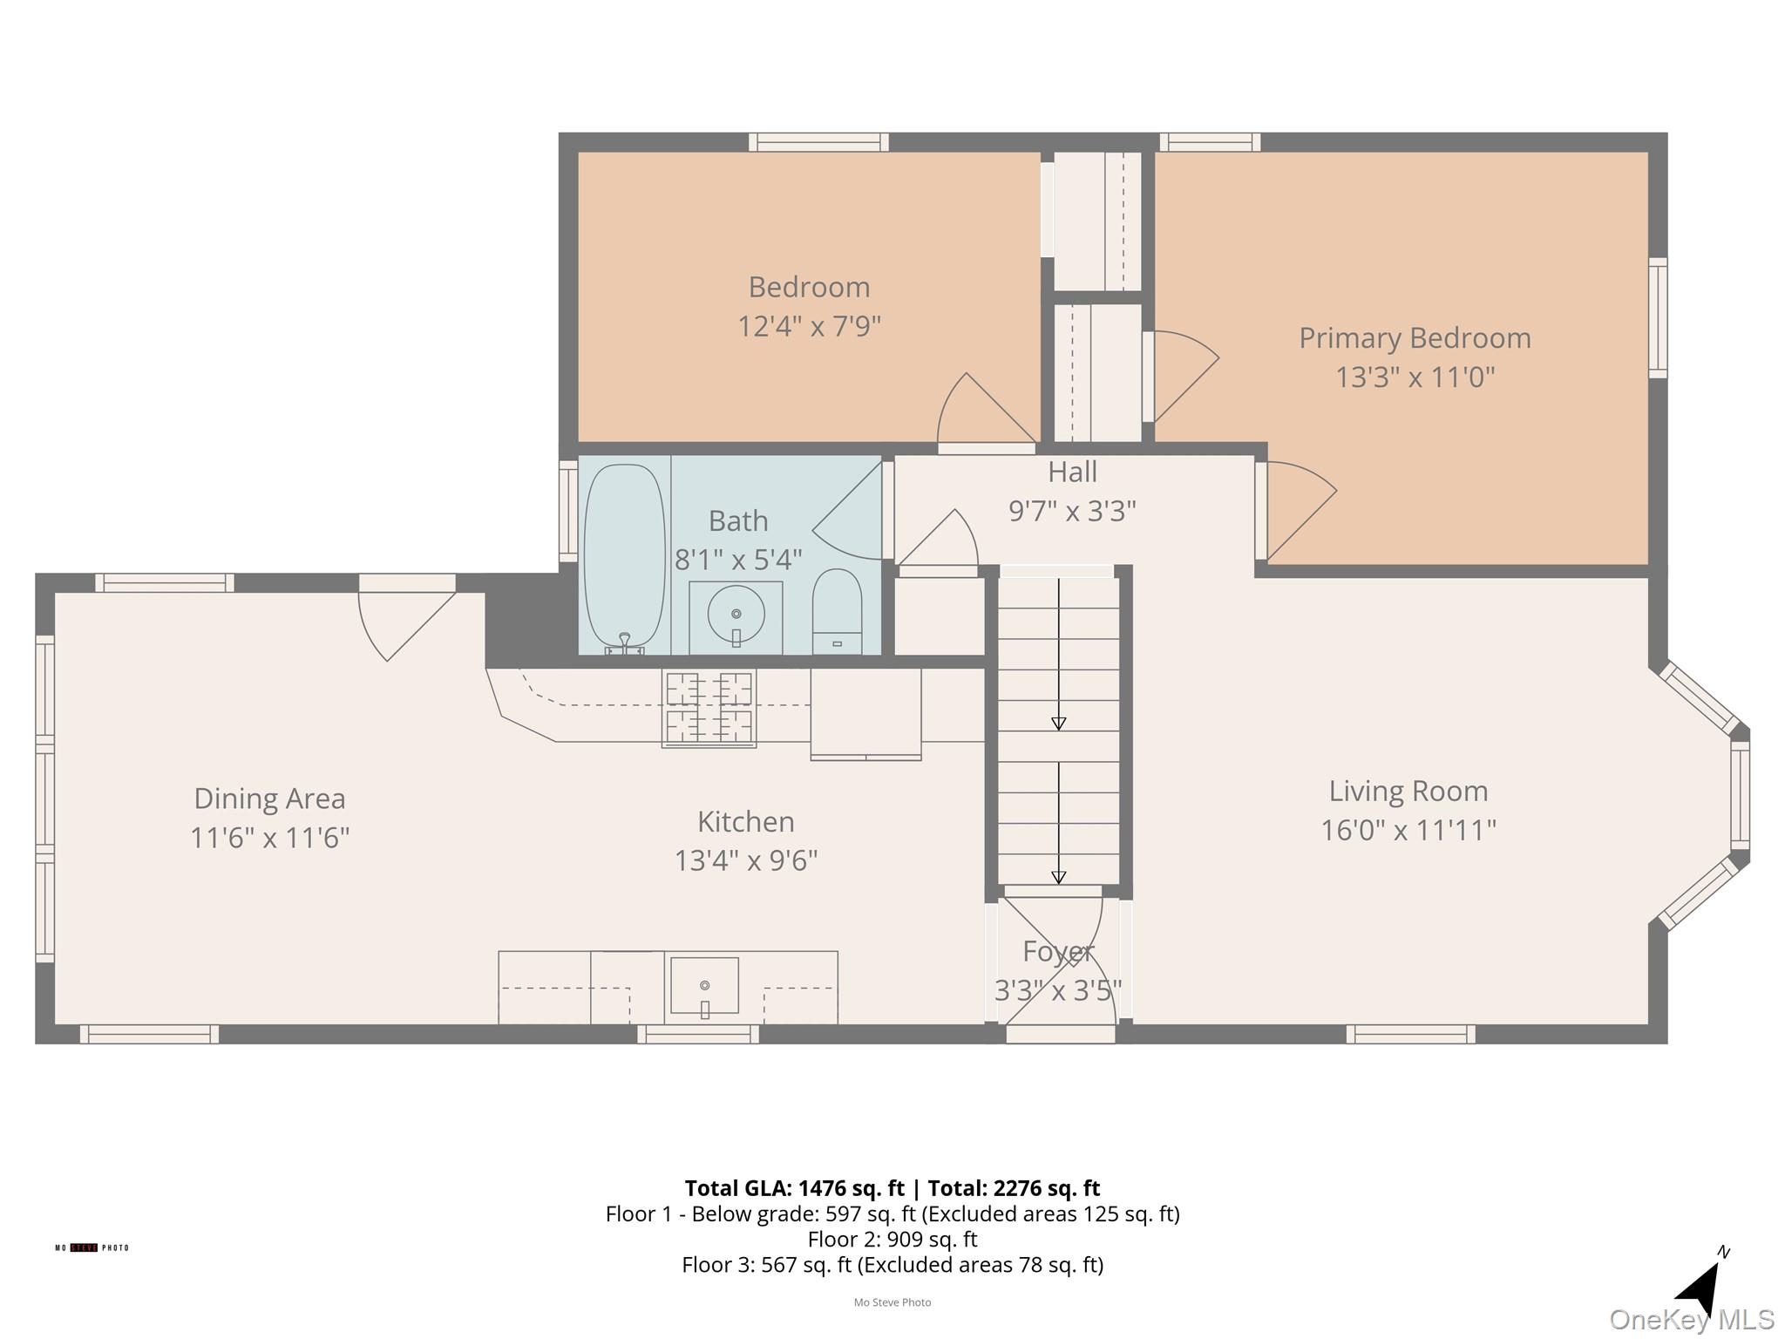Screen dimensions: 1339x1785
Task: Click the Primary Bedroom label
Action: click(1414, 338)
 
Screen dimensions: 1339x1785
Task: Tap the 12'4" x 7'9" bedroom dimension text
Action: click(809, 327)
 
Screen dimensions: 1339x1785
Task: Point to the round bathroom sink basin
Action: click(736, 614)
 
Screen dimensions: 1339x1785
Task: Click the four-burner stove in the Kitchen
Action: click(709, 708)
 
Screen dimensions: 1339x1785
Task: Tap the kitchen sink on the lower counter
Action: click(704, 987)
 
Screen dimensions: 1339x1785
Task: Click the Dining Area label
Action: click(269, 799)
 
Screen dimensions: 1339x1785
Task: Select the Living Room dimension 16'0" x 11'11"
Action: click(1408, 830)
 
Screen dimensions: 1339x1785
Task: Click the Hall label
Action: click(1071, 472)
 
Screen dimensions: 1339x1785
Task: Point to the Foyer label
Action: click(1057, 952)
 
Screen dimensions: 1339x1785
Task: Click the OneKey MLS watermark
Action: click(1691, 1320)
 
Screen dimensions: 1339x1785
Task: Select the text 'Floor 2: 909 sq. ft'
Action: click(892, 1239)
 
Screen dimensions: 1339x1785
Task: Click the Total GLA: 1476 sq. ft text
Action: click(794, 1188)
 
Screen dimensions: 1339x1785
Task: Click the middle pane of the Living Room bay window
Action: click(1739, 795)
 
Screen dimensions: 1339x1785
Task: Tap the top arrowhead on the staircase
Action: click(1058, 724)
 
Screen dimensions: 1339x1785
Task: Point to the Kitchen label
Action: click(745, 822)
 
